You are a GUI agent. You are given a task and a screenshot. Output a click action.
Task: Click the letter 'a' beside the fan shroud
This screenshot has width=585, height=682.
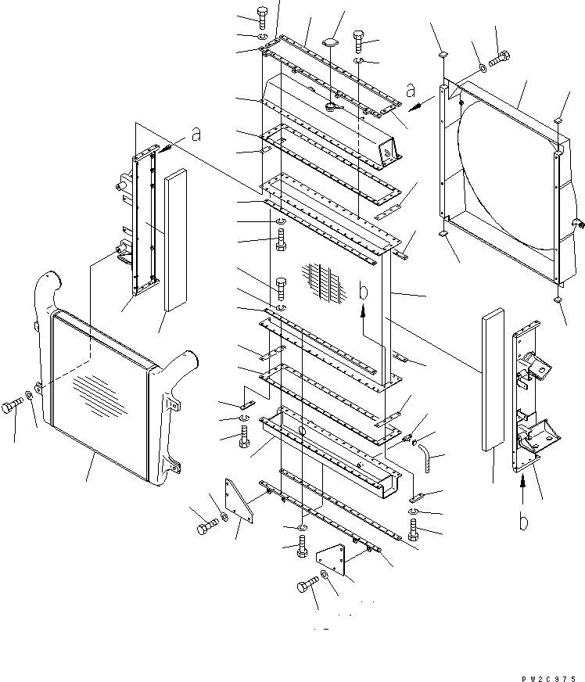click(410, 91)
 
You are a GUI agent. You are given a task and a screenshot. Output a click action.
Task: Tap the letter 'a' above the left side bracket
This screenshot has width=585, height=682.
click(196, 135)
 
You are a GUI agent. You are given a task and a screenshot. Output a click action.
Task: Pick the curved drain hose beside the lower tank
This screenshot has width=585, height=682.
click(428, 453)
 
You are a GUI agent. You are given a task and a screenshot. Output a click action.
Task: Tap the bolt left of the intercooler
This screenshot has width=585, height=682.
click(14, 407)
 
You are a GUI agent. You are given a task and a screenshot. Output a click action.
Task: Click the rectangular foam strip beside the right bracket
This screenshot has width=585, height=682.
click(493, 380)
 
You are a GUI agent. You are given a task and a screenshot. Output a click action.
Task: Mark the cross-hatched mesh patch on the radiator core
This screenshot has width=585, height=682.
click(324, 281)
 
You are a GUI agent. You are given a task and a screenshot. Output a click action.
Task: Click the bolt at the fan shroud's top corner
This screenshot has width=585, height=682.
click(500, 59)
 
